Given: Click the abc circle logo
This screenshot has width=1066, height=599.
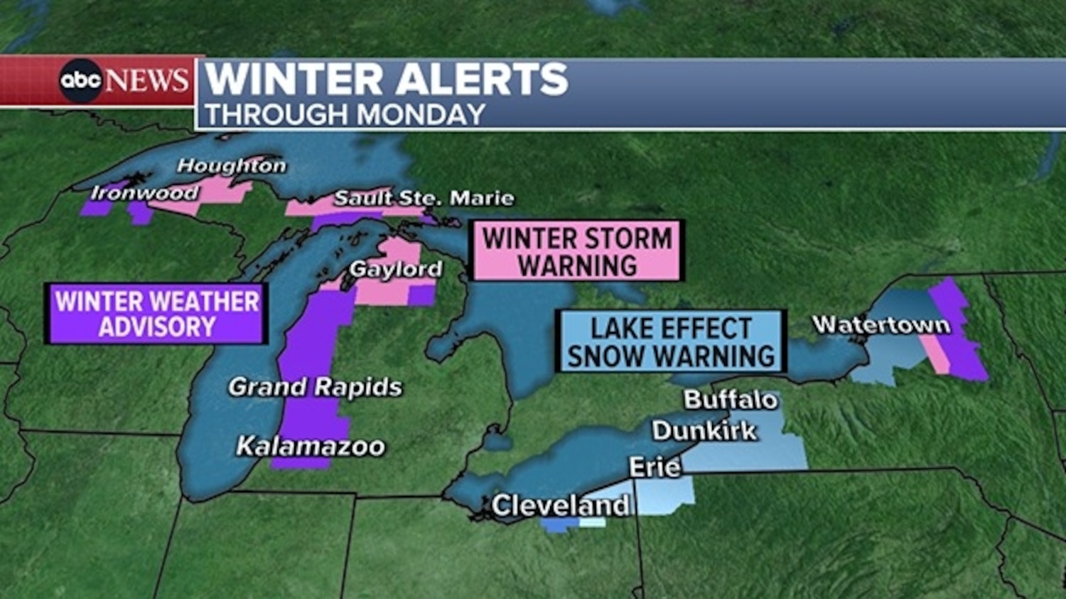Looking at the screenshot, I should pos(80,80).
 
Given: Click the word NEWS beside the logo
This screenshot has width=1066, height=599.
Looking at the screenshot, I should pos(148,80).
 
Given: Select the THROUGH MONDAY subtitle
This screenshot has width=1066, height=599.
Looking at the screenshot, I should pos(345,115).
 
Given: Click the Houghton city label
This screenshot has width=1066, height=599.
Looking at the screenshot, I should pos(232,166).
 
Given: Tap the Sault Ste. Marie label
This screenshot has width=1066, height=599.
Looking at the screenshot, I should pos(424,198).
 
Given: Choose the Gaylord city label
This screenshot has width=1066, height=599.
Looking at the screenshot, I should pos(396,269).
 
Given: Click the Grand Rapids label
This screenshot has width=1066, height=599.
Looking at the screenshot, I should pos(315,387).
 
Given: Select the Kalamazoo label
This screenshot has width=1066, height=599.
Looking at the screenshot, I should pos(311,446).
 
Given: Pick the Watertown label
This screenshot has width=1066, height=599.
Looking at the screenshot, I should pos(881,324).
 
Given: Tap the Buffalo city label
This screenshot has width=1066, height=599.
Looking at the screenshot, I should pos(731,399).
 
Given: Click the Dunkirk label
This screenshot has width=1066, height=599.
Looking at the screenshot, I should pos(704,430).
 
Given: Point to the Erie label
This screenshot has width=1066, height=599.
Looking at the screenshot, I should pos(655,467).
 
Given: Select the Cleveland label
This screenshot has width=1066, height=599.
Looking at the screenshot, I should pos(561,506).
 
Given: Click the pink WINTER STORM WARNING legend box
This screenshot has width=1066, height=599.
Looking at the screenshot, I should pos(577,251).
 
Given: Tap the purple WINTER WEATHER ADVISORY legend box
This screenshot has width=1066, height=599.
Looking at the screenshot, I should pos(156,314).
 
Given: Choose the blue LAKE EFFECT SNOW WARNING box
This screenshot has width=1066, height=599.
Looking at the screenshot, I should pos(671,341).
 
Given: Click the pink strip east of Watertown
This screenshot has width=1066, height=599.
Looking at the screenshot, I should pos(936,353).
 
